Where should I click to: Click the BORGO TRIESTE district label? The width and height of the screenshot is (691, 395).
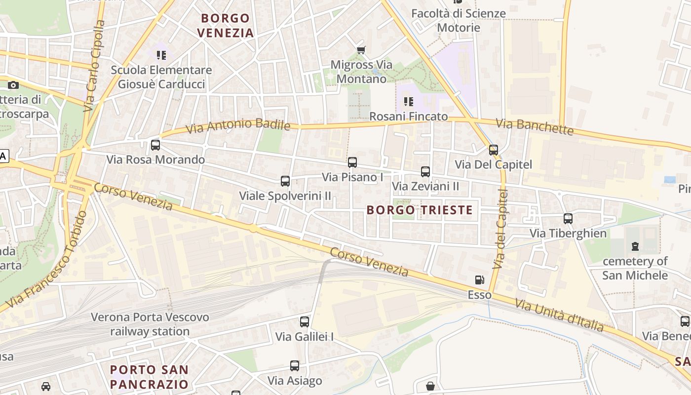(420, 210)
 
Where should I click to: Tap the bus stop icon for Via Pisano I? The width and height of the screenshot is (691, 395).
(352, 162)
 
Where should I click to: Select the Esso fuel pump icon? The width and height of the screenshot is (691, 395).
(479, 280)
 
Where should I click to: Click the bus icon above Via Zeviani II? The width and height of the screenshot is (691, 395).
(425, 172)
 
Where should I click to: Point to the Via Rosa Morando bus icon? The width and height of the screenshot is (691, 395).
(155, 145)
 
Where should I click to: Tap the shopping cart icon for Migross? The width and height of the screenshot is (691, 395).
(361, 50)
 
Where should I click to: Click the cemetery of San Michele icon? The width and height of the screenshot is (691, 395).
(635, 246)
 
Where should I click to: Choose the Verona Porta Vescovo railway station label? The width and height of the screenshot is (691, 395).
(150, 324)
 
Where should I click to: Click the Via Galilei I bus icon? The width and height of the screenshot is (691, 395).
(305, 322)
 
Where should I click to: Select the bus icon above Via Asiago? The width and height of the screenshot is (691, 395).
(295, 366)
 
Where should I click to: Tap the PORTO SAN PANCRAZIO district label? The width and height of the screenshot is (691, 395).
(149, 377)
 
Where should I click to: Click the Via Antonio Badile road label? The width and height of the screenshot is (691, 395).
(238, 126)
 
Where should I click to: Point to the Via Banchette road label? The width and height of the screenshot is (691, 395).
(535, 127)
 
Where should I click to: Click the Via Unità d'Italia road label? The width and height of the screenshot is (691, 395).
(559, 315)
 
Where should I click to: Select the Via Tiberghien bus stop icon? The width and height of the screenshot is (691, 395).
(568, 218)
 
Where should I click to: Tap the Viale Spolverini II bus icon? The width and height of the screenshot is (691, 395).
(285, 181)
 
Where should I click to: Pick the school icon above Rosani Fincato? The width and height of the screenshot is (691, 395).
(409, 102)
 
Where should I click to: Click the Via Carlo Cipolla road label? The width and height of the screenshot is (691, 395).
(94, 65)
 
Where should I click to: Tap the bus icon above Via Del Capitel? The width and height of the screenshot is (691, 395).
(494, 150)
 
